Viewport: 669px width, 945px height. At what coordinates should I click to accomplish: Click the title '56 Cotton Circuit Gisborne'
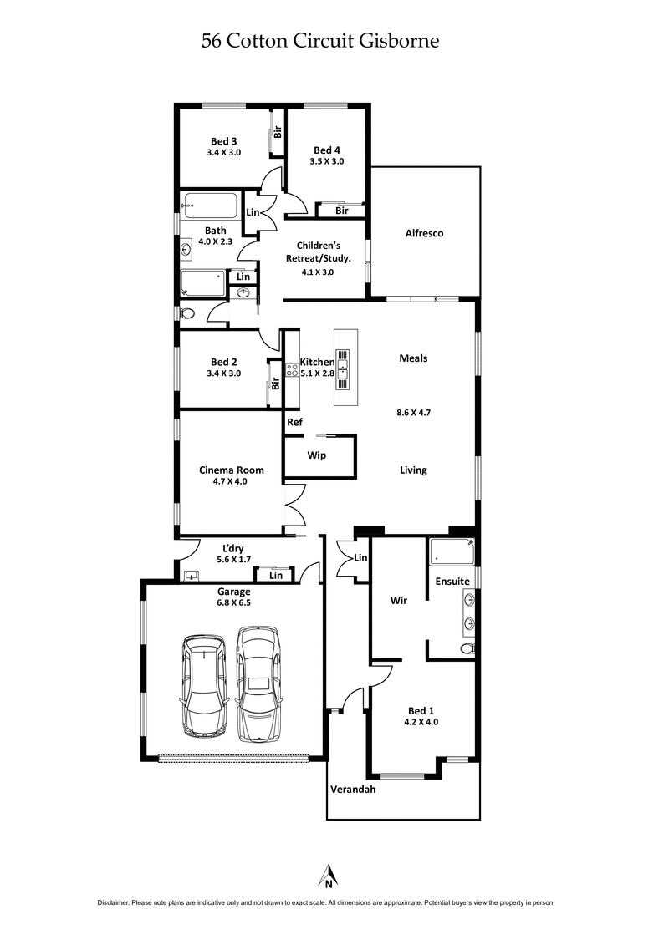point(320,41)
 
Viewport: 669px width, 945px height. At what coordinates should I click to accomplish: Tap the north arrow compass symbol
point(329,875)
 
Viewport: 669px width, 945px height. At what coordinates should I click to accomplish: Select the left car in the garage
point(203,685)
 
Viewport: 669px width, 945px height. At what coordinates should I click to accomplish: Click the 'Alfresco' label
point(424,234)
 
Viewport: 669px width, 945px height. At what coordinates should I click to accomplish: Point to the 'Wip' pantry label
point(317,455)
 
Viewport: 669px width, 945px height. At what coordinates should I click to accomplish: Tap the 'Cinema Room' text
point(231,470)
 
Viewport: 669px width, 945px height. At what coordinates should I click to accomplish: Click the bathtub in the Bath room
point(211,206)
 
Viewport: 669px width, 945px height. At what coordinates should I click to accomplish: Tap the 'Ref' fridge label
point(294,422)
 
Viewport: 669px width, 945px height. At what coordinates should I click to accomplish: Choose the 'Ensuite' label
point(452,581)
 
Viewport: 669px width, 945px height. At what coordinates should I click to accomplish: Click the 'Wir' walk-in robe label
point(399,600)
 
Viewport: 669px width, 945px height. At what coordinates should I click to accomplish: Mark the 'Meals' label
point(413,358)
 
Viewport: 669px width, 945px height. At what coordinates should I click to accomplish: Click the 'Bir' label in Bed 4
point(341,211)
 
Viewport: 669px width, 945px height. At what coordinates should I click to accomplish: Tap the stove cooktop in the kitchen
point(293,370)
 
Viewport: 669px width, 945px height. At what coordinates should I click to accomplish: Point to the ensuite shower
point(452,552)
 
